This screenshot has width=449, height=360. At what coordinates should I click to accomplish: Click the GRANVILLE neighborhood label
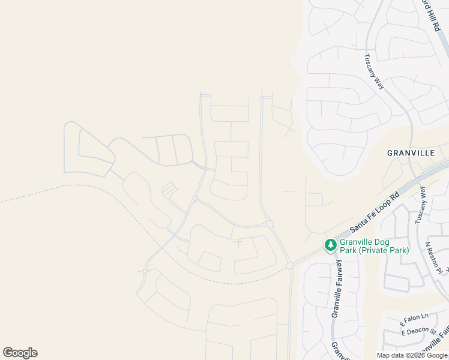[411, 153]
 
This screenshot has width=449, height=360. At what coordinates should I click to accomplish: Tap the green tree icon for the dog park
[330, 245]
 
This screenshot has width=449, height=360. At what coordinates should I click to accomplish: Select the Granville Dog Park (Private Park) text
[374, 246]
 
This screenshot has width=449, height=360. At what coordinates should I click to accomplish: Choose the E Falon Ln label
[415, 317]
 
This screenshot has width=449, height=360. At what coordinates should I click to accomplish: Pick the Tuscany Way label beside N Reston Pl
[420, 205]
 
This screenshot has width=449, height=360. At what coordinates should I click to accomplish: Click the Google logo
[20, 353]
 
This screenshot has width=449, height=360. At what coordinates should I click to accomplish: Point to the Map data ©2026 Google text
[412, 355]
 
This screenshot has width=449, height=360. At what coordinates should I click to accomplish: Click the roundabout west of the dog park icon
[290, 265]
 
